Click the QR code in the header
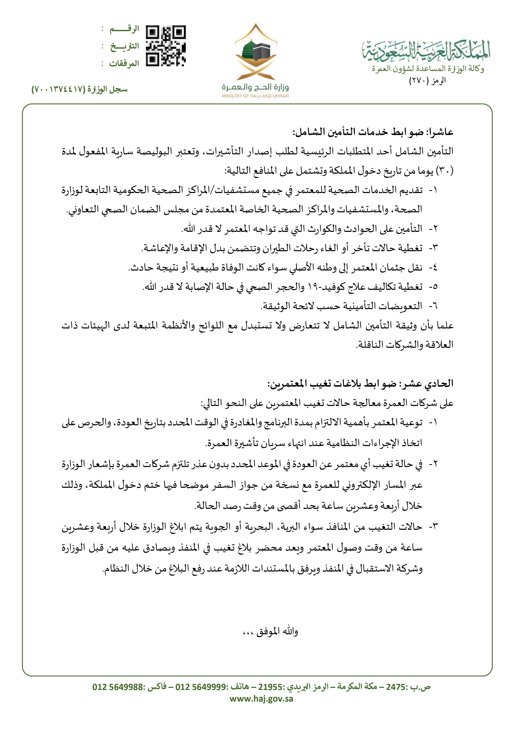click(166, 46)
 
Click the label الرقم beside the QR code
click(124, 29)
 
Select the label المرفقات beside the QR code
click(124, 64)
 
